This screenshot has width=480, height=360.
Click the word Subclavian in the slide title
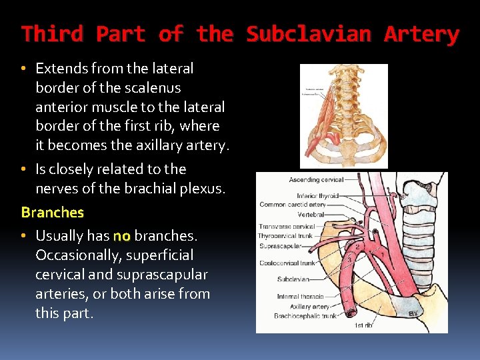coord(309,35)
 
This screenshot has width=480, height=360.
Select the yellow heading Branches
coord(53,213)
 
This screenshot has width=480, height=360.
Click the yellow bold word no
coord(121,236)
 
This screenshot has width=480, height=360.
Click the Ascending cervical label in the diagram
coord(316,180)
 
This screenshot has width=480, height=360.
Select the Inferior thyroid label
coord(318,196)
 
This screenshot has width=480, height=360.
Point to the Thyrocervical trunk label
coord(286,236)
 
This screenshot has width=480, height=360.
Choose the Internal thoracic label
coord(301,297)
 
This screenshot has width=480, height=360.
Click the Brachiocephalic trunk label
coord(296,316)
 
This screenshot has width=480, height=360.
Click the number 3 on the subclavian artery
coord(347,257)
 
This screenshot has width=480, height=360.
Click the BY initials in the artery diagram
coord(414,313)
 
